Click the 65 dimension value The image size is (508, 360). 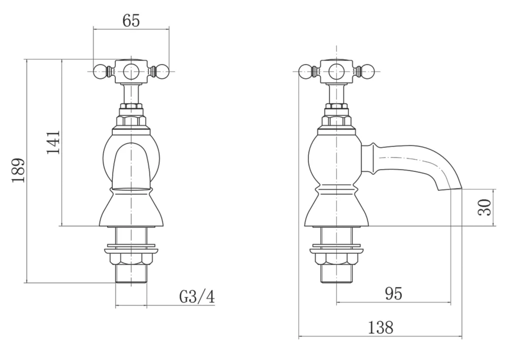coord(131,21)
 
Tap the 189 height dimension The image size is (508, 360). coord(18,171)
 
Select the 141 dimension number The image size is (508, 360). coord(53,142)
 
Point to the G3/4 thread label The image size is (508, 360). coord(197,297)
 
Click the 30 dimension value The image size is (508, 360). coord(485,207)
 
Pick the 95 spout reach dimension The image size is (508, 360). coord(393,293)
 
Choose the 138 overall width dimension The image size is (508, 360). coord(380,327)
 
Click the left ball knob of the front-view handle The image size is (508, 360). coord(100,71)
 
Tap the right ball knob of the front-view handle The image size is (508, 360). coord(163,71)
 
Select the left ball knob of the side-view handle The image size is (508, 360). coord(305,71)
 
